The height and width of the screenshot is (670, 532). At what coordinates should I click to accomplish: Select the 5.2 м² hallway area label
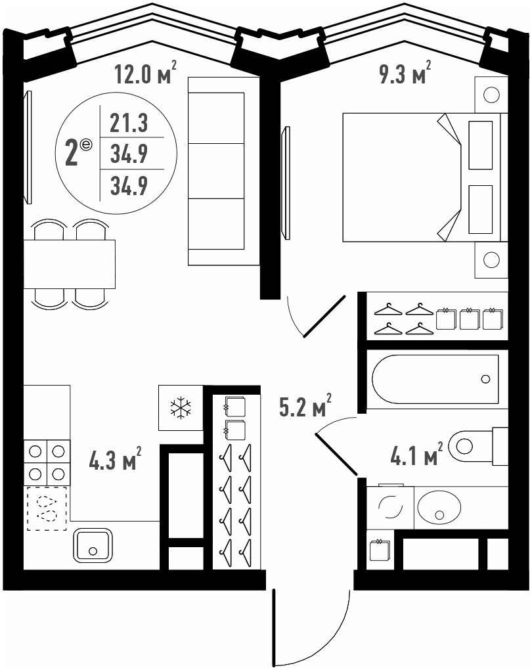305,405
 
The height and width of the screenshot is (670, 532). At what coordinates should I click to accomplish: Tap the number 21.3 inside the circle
129,123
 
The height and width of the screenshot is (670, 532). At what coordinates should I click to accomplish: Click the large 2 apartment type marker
72,154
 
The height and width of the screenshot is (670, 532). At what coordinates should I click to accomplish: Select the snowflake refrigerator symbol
181,408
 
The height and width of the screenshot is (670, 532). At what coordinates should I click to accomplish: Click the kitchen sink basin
93,545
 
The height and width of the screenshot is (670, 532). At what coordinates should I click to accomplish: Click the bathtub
435,379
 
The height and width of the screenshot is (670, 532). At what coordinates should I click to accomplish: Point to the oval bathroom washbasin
439,507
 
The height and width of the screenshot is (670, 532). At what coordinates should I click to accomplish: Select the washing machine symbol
390,507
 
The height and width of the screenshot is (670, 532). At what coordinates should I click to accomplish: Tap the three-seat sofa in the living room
224,171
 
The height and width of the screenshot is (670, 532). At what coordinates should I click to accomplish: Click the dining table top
69,264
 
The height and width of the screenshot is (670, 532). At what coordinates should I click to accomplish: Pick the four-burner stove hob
47,463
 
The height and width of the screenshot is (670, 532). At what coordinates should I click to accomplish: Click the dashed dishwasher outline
47,508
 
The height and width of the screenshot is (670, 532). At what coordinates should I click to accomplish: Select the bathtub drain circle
485,379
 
